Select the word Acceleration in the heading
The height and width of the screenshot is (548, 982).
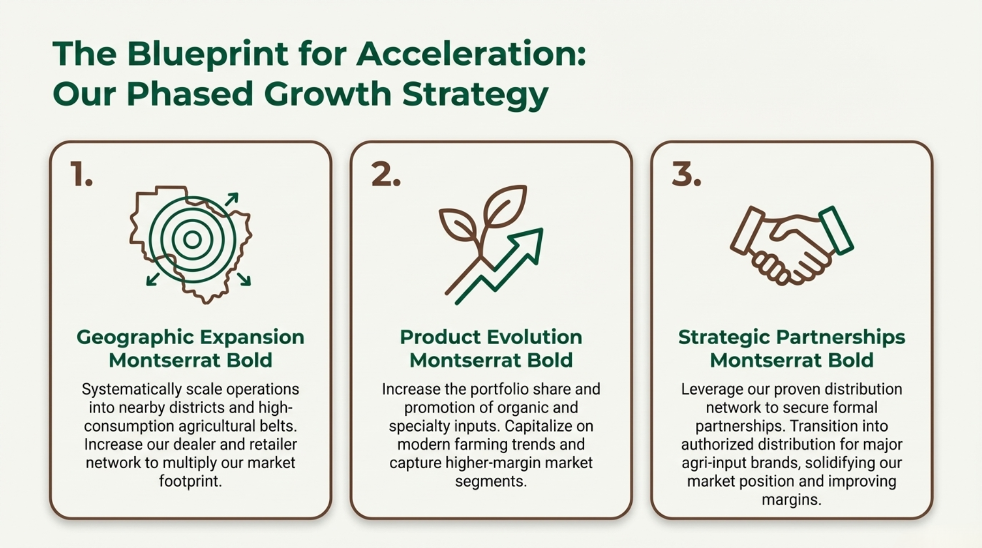tap(471, 54)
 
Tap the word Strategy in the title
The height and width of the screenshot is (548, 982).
tap(475, 95)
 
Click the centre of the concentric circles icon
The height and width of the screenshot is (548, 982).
tap(192, 239)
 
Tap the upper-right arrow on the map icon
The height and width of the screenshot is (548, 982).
tap(232, 199)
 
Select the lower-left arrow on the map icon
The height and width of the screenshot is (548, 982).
tap(153, 278)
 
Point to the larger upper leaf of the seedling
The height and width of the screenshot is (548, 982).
tap(505, 206)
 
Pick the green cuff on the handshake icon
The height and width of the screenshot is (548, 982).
tap(835, 230)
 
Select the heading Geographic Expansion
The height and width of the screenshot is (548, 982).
tap(190, 337)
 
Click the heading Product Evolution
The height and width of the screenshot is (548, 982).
tap(491, 337)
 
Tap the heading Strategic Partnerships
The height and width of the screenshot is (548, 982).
tap(791, 337)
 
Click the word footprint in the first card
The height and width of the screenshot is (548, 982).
tap(190, 481)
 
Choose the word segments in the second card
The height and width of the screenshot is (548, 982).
tap(491, 482)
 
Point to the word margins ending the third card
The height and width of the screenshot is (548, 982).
tap(791, 500)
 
